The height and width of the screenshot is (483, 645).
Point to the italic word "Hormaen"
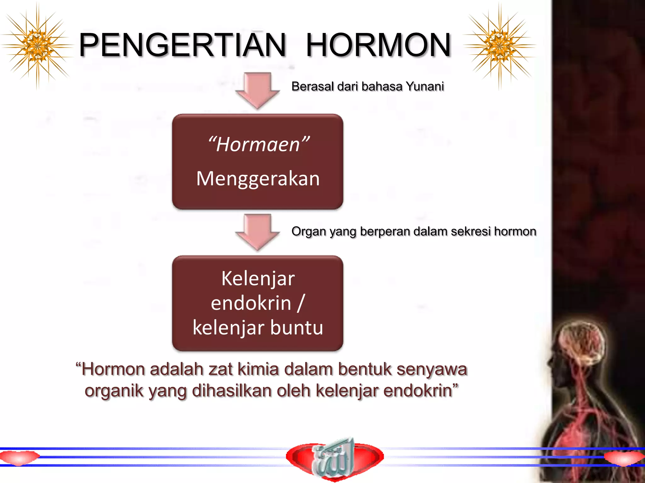(258, 145)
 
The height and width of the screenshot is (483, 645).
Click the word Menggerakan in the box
(258, 179)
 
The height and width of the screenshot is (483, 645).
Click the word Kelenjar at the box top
(258, 279)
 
